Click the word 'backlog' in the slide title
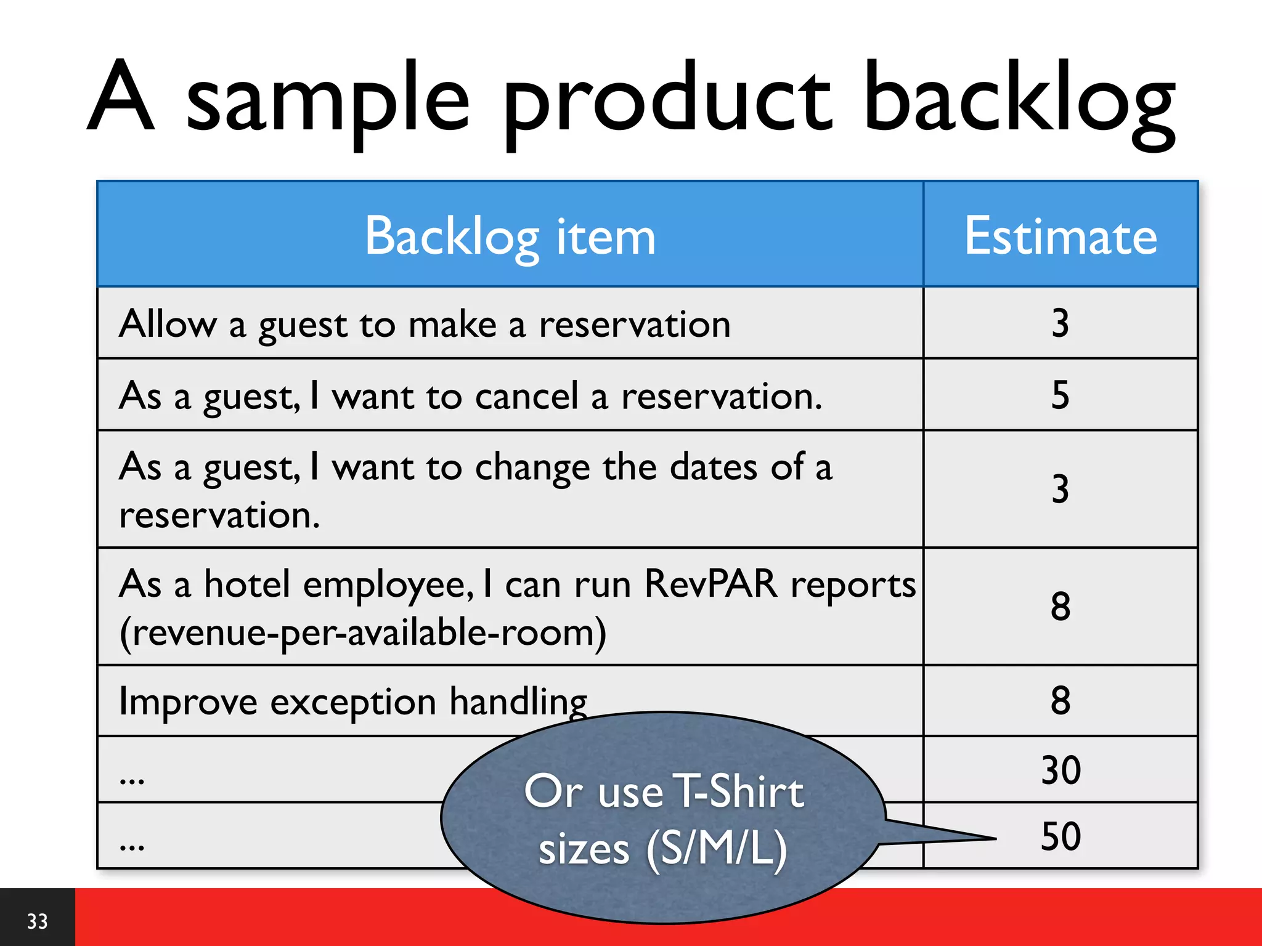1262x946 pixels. click(1020, 99)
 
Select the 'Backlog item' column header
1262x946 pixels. click(510, 236)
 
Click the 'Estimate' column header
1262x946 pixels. click(1060, 236)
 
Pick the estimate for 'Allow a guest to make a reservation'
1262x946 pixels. click(1060, 323)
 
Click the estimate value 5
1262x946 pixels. click(1060, 395)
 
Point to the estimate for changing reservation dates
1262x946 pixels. click(1060, 490)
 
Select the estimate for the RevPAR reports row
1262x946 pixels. click(1060, 607)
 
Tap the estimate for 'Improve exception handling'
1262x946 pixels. click(1060, 701)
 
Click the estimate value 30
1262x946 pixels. click(1060, 770)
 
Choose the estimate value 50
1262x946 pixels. click(1060, 836)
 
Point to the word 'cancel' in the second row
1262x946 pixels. click(527, 396)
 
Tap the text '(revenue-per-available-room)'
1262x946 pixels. click(363, 633)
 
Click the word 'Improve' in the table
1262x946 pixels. click(188, 702)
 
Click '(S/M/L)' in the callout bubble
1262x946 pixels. click(717, 849)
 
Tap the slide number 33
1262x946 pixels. click(37, 921)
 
